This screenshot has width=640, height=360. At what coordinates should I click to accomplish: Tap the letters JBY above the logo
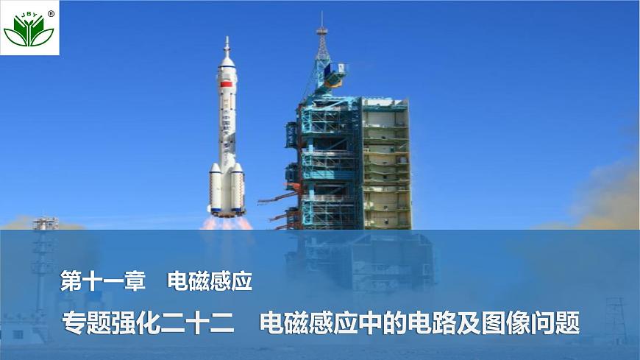(27, 13)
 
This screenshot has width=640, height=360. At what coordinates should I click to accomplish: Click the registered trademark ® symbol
(51, 13)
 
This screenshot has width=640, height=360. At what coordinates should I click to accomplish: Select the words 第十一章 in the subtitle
(102, 280)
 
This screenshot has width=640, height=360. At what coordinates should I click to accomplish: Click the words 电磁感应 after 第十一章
(210, 280)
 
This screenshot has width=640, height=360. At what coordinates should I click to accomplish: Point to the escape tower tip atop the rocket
(227, 43)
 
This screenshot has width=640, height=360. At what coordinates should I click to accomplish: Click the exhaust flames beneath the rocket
(227, 222)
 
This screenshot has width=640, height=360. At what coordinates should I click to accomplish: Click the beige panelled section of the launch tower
(385, 162)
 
